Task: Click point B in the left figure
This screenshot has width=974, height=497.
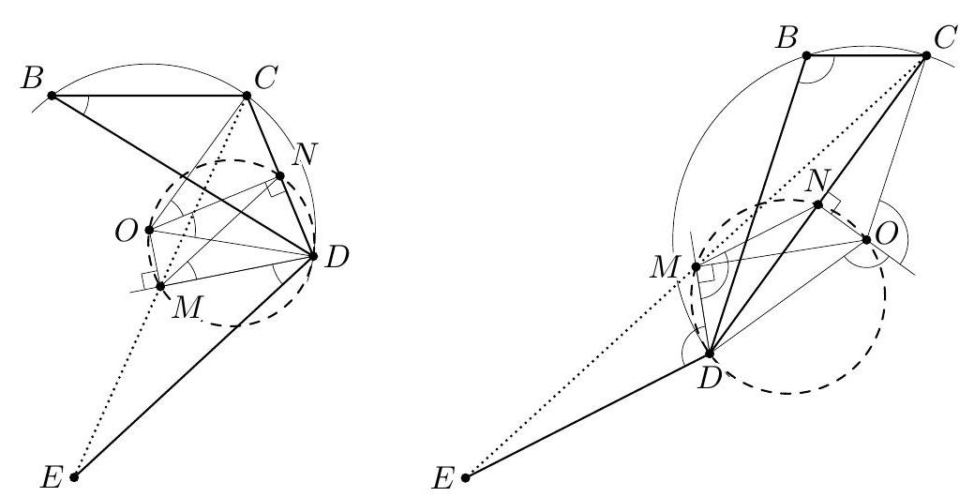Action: tap(52, 95)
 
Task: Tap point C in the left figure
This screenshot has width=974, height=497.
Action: tap(247, 96)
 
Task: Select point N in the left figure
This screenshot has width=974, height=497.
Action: tap(279, 175)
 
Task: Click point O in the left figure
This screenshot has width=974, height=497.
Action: tap(149, 230)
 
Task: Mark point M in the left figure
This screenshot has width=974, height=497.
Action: tap(160, 286)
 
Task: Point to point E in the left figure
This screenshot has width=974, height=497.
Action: tap(75, 476)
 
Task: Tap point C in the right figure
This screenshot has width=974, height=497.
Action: tap(926, 56)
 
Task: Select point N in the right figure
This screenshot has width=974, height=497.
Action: tap(818, 205)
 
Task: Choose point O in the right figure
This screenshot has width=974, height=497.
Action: tap(867, 240)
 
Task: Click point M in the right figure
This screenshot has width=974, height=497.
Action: tap(697, 268)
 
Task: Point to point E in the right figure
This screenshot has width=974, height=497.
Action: tap(466, 477)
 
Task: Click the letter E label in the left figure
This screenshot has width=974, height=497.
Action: tap(52, 478)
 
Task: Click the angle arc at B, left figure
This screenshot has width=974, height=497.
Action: tap(82, 105)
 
